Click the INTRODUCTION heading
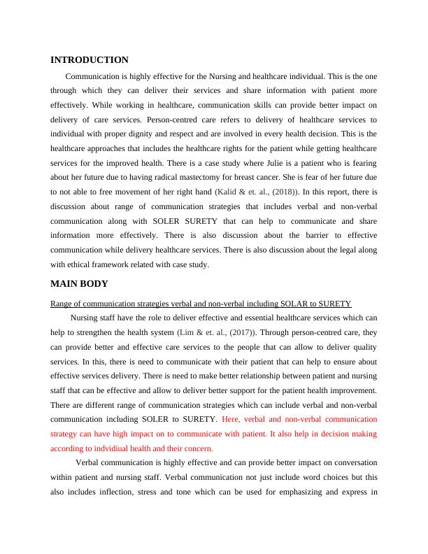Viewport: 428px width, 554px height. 90,60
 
